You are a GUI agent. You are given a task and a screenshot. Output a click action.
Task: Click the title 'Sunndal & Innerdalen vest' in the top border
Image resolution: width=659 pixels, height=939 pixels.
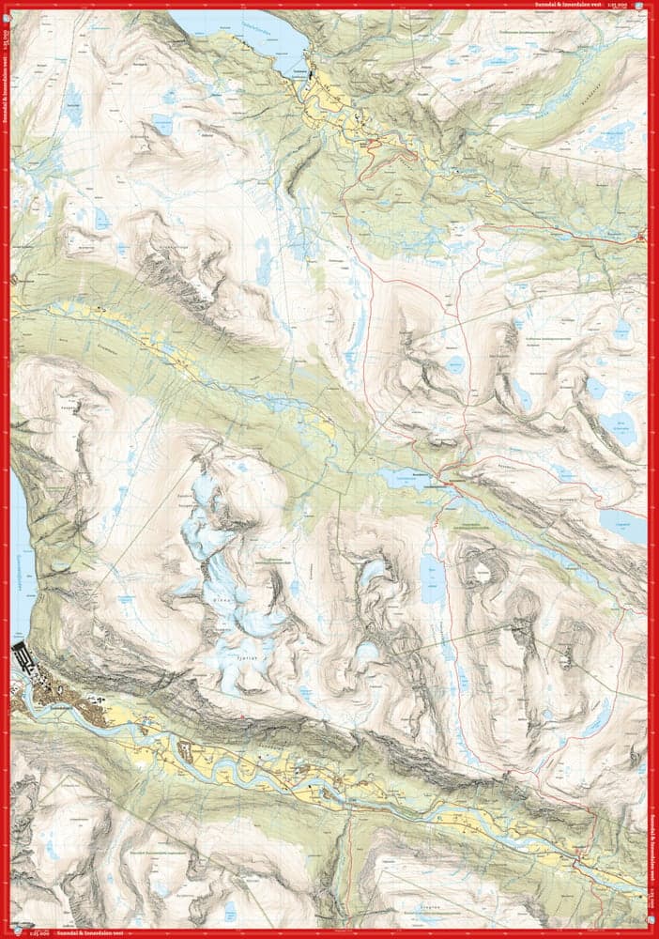pyautogui.click(x=560, y=5)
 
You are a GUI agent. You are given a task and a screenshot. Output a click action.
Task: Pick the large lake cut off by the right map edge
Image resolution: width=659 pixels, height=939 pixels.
pyautogui.click(x=627, y=526)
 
